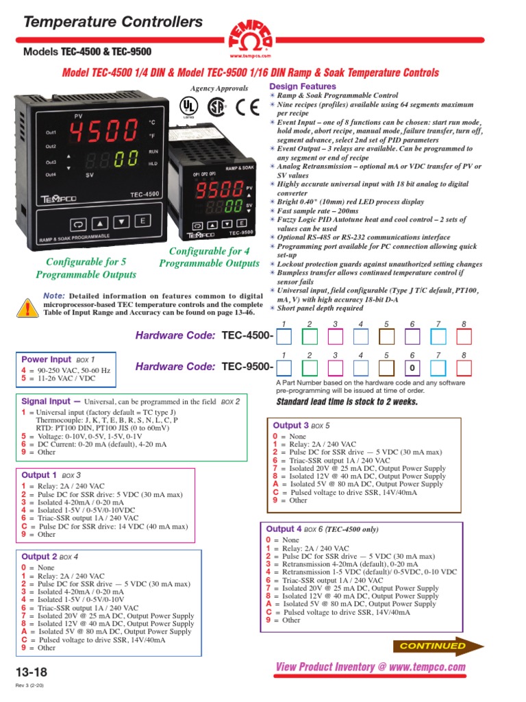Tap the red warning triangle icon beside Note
coord(27,309)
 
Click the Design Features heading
coord(303,86)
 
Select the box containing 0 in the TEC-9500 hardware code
coord(412,368)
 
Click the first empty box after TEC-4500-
coord(284,337)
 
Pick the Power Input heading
coord(47,359)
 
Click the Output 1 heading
coord(39,475)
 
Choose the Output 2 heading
coord(39,557)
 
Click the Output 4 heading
coord(284,529)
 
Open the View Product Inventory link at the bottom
coord(370,667)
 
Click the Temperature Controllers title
coord(113,23)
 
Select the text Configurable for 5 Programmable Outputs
coord(86,269)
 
